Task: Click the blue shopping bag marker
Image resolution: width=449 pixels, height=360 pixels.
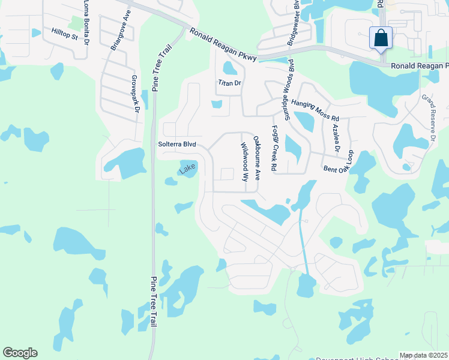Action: point(381,38)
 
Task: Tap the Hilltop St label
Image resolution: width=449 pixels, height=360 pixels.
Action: point(65,34)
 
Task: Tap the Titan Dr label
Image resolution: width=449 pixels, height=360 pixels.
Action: point(229,83)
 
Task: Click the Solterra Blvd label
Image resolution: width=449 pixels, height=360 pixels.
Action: point(177,144)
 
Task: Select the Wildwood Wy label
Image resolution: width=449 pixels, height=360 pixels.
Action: point(245,162)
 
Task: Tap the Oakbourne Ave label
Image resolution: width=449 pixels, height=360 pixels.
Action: point(257,158)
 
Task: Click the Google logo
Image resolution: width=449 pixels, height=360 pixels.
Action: point(20,353)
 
